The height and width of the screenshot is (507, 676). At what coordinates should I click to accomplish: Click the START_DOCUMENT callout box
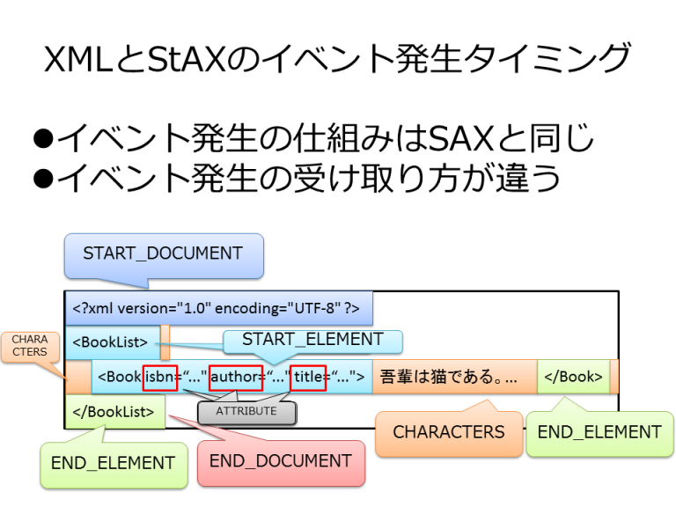pyautogui.click(x=163, y=253)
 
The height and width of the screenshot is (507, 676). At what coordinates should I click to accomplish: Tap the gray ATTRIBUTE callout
pyautogui.click(x=246, y=411)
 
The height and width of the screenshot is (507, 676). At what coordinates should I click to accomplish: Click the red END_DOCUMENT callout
pyautogui.click(x=280, y=461)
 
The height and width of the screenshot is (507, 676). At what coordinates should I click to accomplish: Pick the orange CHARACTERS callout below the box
pyautogui.click(x=448, y=432)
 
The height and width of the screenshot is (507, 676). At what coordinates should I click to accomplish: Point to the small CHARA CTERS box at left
pyautogui.click(x=30, y=346)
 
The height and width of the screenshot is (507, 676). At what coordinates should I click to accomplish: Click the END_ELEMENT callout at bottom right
pyautogui.click(x=599, y=432)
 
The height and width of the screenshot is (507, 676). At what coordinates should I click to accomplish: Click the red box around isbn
pyautogui.click(x=160, y=377)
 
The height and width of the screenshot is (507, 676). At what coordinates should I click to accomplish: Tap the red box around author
pyautogui.click(x=236, y=377)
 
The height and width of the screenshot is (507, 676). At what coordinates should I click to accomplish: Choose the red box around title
pyautogui.click(x=308, y=377)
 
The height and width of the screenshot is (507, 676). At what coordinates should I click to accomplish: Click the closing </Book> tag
pyautogui.click(x=572, y=377)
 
